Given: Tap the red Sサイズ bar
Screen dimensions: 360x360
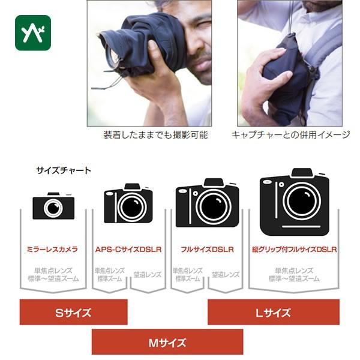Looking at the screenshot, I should pyautogui.click(x=73, y=312).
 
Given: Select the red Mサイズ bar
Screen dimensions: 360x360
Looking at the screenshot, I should pyautogui.click(x=167, y=343).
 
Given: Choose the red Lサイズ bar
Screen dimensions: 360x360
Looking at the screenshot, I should pyautogui.click(x=273, y=312).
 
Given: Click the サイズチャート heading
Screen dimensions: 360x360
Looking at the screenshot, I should pyautogui.click(x=64, y=170).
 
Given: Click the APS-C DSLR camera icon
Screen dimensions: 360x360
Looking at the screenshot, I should pyautogui.click(x=128, y=205).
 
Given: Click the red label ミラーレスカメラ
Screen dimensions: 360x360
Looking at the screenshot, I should pyautogui.click(x=52, y=249).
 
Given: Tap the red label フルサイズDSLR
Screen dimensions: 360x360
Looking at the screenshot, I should pyautogui.click(x=207, y=249).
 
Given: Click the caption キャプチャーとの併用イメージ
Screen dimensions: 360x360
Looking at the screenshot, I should pyautogui.click(x=290, y=135).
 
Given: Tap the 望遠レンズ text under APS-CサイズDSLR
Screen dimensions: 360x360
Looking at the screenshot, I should pyautogui.click(x=147, y=274).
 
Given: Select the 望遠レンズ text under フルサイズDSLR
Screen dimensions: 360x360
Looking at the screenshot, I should pyautogui.click(x=226, y=274).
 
